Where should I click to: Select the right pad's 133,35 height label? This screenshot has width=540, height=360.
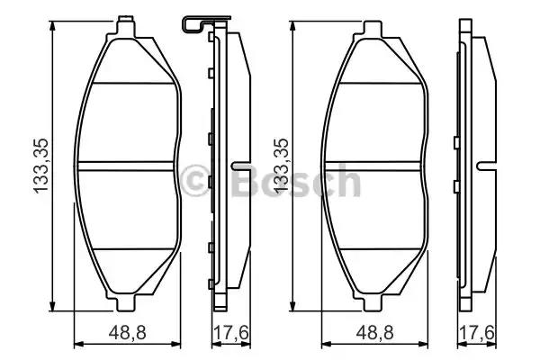[x=280, y=163]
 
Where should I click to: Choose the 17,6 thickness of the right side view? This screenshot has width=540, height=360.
[x=475, y=332]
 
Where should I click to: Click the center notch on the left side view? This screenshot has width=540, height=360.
[x=238, y=166]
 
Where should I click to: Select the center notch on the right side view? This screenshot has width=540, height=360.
[x=487, y=166]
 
